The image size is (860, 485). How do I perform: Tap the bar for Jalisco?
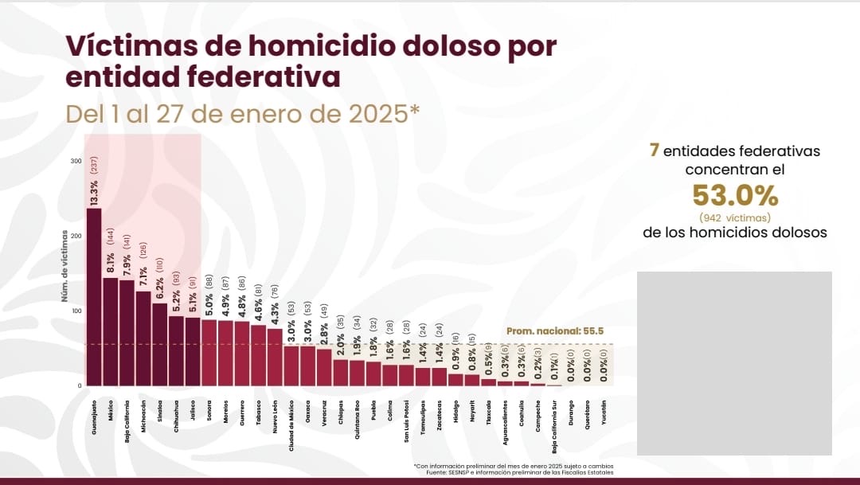193,351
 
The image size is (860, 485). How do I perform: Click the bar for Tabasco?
258,355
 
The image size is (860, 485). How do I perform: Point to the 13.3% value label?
94,193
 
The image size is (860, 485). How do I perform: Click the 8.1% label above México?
110,262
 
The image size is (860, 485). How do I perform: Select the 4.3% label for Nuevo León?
275,314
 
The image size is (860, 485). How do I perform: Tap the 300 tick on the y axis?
76,161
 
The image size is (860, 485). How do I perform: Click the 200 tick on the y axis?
76,236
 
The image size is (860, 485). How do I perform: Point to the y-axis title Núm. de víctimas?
64,266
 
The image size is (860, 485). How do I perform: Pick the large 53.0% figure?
734,195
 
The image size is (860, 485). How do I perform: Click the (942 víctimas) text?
734,217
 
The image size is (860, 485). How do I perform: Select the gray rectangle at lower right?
734,363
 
